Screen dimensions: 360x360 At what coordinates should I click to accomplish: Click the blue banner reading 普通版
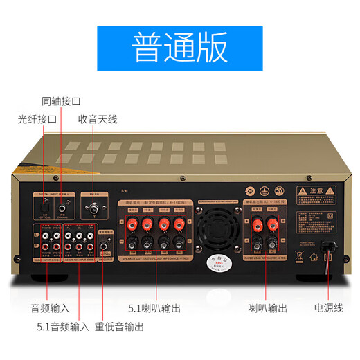point(180,47)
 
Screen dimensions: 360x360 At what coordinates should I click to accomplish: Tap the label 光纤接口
point(38,119)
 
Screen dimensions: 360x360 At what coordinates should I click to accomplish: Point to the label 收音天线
point(98,119)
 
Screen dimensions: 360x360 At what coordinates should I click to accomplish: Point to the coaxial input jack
point(62,206)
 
